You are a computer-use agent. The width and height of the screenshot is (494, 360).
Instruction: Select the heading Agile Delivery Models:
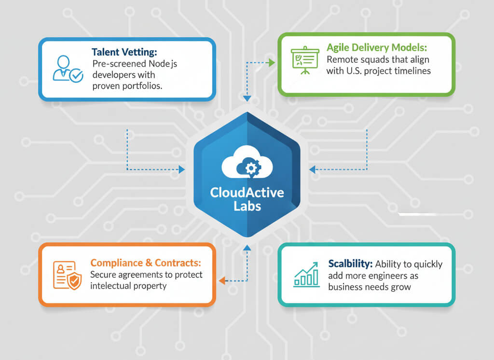[x=376, y=48]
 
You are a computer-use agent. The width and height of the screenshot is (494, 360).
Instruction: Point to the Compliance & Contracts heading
[x=146, y=263]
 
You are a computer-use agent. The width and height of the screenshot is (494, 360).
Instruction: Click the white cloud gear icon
[x=247, y=164]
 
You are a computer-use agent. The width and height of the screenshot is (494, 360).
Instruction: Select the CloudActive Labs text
[x=247, y=199]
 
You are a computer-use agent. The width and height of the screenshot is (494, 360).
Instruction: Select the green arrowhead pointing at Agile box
[x=272, y=62]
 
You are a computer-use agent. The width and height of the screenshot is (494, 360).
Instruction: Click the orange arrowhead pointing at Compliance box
[x=222, y=280]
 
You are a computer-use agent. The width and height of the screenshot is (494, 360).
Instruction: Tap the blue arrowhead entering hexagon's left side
[x=181, y=169]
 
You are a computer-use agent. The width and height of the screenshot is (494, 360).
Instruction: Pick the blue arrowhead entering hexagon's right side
[x=312, y=169]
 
